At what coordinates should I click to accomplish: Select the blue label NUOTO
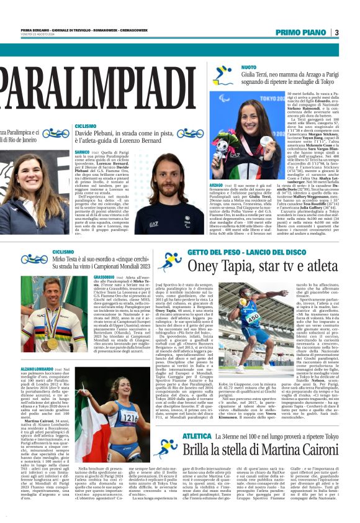[x=248, y=66]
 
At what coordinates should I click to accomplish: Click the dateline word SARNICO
[x=82, y=152]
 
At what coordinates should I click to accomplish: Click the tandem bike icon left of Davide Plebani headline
[x=55, y=133]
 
